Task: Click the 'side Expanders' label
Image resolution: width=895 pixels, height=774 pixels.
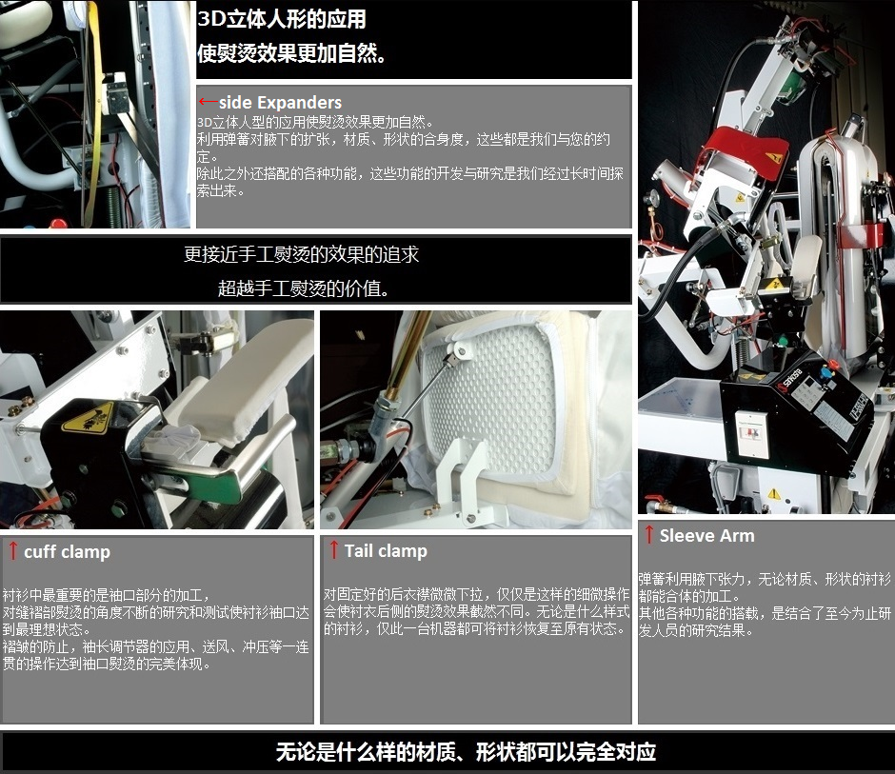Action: pyautogui.click(x=280, y=103)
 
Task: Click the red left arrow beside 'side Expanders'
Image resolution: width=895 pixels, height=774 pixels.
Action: pyautogui.click(x=208, y=102)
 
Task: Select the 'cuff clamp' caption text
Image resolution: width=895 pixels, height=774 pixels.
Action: pyautogui.click(x=67, y=552)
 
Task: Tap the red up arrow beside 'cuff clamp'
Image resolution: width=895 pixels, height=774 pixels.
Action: pyautogui.click(x=13, y=550)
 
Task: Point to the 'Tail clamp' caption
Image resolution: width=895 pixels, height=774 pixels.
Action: pyautogui.click(x=386, y=551)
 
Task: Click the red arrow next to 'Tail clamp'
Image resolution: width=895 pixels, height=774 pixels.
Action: pyautogui.click(x=334, y=549)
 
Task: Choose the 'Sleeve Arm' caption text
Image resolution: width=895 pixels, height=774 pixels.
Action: pyautogui.click(x=706, y=535)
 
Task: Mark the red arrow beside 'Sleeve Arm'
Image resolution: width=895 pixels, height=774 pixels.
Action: pyautogui.click(x=649, y=534)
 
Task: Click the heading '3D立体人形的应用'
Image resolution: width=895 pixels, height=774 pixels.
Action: pyautogui.click(x=282, y=19)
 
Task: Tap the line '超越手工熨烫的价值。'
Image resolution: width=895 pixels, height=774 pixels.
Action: pyautogui.click(x=304, y=288)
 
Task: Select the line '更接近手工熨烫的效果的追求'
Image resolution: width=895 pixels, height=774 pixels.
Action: pyautogui.click(x=302, y=254)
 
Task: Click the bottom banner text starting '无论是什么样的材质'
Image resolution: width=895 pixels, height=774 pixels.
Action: pyautogui.click(x=466, y=752)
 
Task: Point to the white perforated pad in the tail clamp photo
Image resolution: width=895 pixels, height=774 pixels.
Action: pyautogui.click(x=491, y=400)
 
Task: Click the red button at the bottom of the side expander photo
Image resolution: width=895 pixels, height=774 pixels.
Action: pyautogui.click(x=58, y=223)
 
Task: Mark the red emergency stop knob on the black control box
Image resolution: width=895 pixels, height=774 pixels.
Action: pyautogui.click(x=834, y=365)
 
